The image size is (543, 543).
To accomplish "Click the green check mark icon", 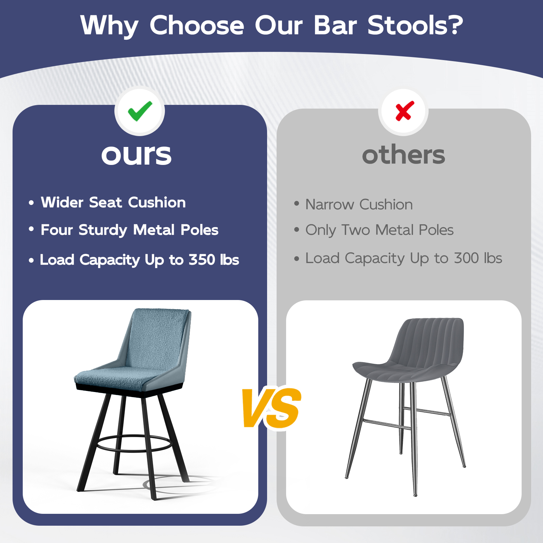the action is pos(140,111).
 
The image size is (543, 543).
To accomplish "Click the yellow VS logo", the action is pos(271,408).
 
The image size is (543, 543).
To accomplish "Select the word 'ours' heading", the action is pos(136,155).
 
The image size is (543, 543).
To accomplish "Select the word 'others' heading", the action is pos(404,154).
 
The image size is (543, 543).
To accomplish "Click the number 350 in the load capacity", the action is pos(202,260).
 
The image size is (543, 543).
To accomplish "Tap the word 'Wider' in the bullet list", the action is pos(62,202).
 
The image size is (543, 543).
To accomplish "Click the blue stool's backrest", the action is pos(157,339).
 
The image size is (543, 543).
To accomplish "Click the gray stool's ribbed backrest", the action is pos(428,343).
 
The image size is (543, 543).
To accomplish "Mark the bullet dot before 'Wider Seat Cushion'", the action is pos(31,203).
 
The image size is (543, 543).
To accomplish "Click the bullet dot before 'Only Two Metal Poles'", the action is pos(297,230).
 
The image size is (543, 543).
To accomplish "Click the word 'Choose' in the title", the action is pos(197,25).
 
